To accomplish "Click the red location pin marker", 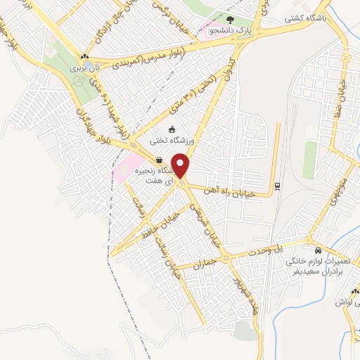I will [181, 165].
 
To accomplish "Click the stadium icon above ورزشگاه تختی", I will [172, 129].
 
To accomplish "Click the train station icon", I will [277, 186].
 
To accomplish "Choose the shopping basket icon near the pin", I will [160, 160].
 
